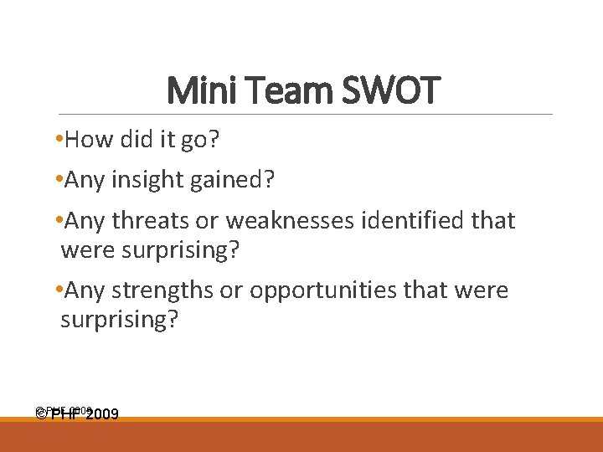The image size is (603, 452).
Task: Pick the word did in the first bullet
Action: (131, 139)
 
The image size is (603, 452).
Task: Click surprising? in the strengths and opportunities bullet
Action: (119, 319)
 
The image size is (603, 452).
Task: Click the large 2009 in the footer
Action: (100, 414)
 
